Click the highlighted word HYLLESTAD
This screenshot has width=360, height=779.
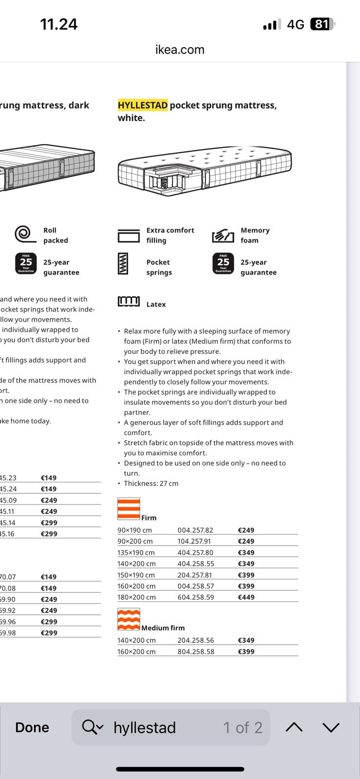(143, 105)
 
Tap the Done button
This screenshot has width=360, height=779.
(32, 727)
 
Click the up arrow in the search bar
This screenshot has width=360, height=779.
(294, 727)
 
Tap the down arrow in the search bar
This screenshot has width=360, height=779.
(331, 727)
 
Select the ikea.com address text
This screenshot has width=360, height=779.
(180, 50)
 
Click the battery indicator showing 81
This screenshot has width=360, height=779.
(322, 24)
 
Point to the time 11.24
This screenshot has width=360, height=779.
(59, 24)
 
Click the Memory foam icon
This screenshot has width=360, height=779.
(223, 236)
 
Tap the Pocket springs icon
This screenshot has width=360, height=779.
(123, 263)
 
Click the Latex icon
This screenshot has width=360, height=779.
(129, 301)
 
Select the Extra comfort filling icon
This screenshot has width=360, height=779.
(129, 236)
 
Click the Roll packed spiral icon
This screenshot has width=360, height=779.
(25, 234)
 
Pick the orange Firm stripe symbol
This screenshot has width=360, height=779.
(129, 509)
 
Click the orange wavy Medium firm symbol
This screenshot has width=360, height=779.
(129, 619)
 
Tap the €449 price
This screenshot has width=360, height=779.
(246, 597)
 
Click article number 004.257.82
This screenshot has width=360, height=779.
(195, 530)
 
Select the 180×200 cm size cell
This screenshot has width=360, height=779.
(136, 597)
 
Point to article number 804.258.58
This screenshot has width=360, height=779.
(196, 651)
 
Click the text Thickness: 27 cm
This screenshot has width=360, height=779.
(151, 483)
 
